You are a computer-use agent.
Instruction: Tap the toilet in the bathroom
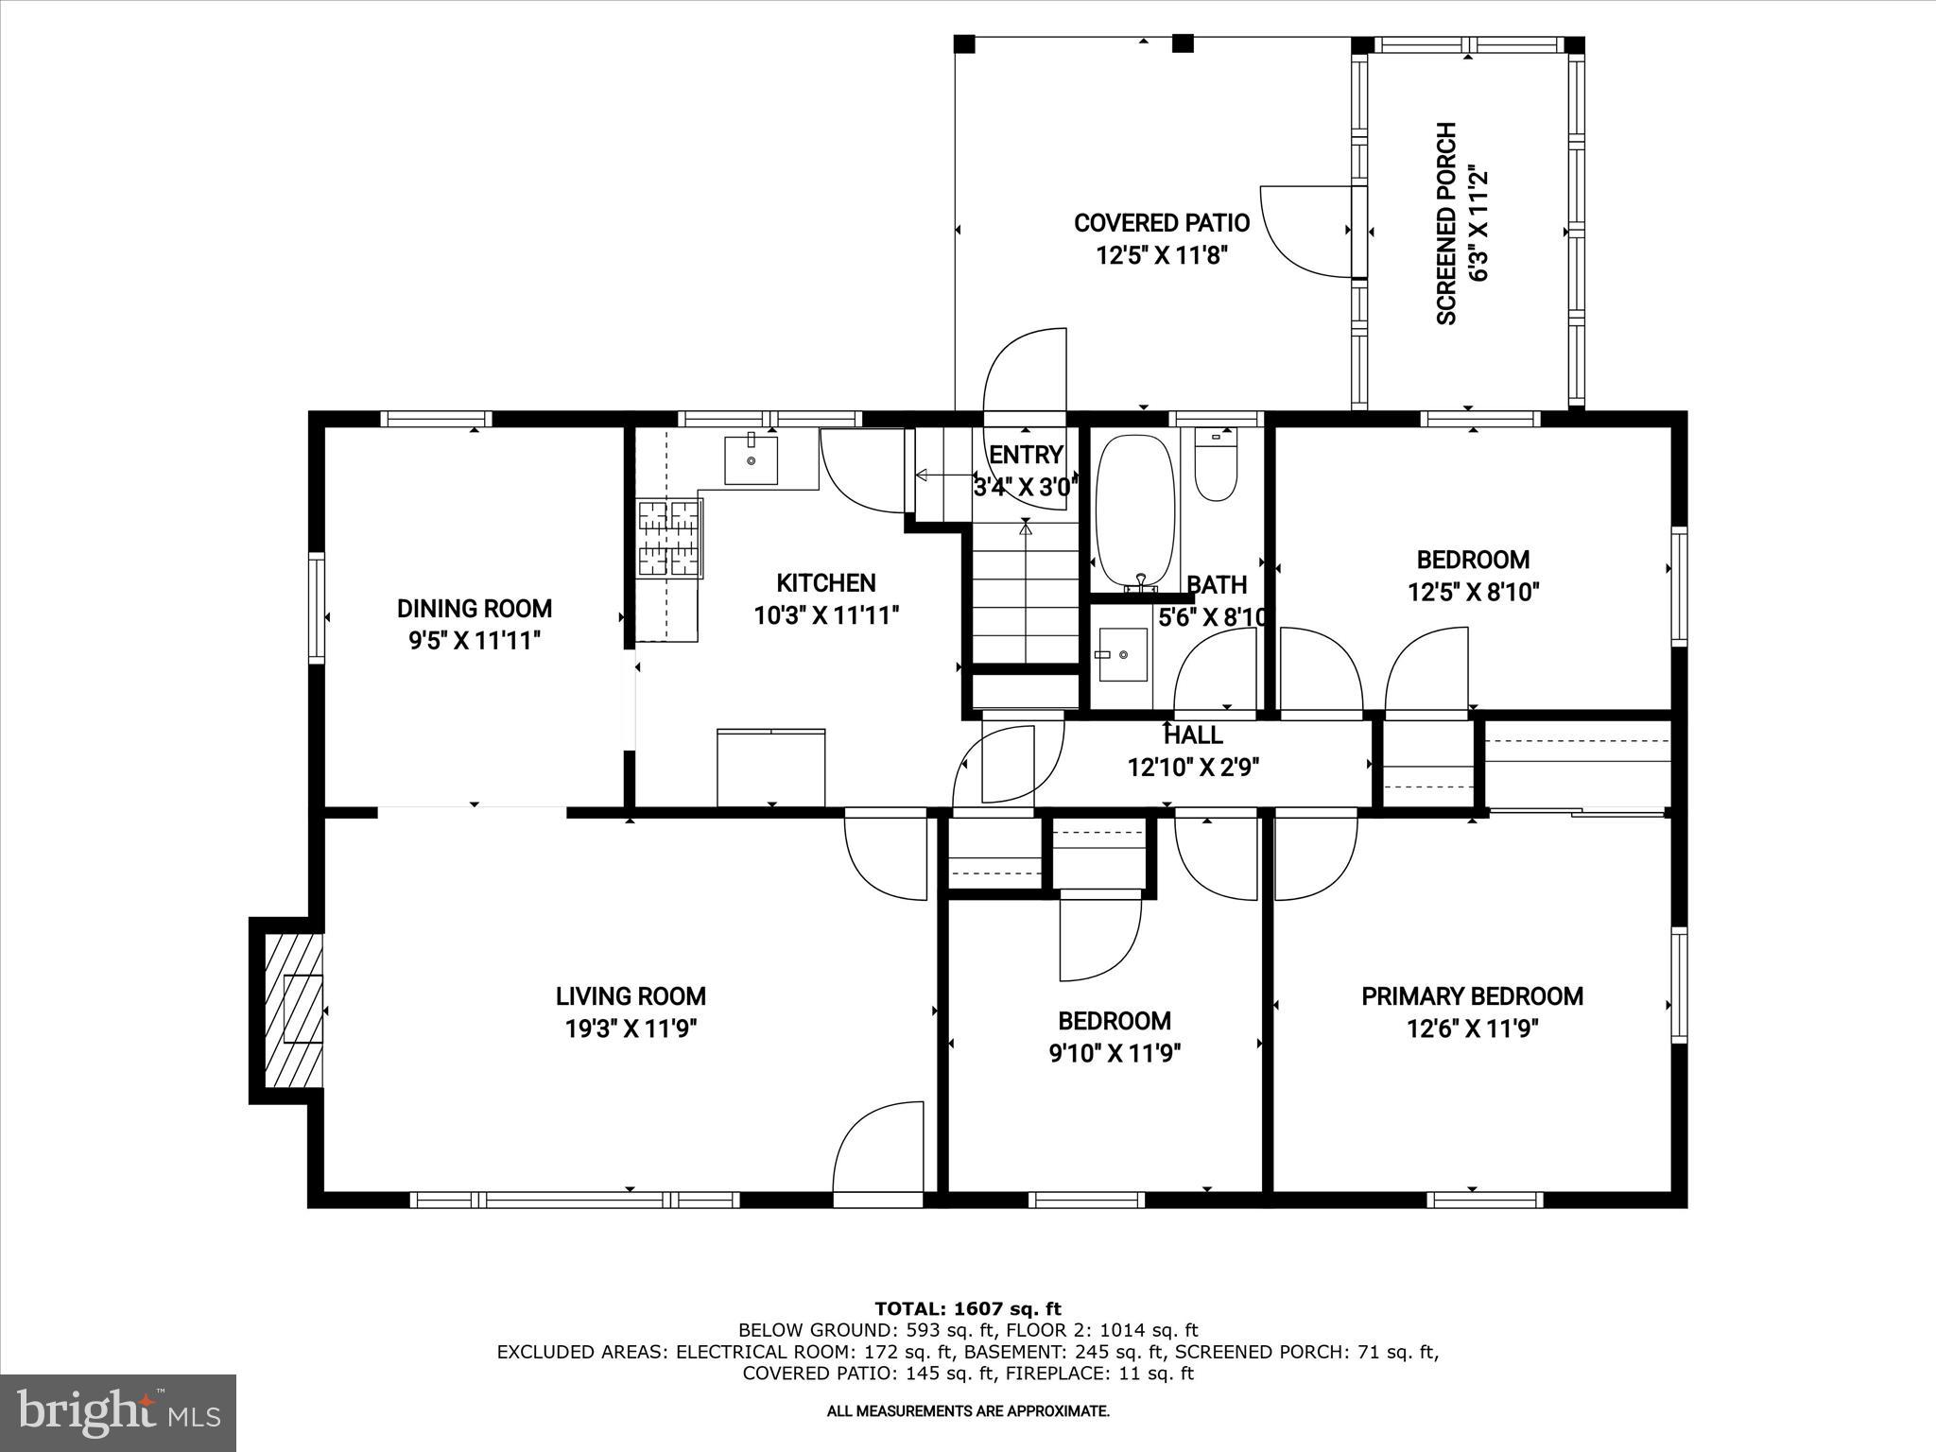(1216, 468)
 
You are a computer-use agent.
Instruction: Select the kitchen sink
(751, 459)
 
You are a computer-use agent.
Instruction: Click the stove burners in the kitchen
(669, 538)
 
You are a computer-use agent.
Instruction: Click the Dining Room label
(474, 609)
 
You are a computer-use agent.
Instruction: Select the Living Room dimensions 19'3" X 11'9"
(631, 1028)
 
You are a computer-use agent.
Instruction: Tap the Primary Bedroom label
(1472, 996)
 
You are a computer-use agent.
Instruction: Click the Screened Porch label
(1446, 223)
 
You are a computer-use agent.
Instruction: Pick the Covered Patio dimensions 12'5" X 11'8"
(1162, 255)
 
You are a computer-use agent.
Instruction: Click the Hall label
(1193, 735)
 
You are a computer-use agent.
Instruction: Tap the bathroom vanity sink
(1122, 654)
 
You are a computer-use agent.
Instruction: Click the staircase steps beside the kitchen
(1027, 596)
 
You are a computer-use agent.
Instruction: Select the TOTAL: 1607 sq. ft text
(967, 1309)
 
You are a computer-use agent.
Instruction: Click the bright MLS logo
(118, 1412)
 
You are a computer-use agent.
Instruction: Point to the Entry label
(1026, 456)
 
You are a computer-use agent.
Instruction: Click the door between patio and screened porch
(1309, 232)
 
